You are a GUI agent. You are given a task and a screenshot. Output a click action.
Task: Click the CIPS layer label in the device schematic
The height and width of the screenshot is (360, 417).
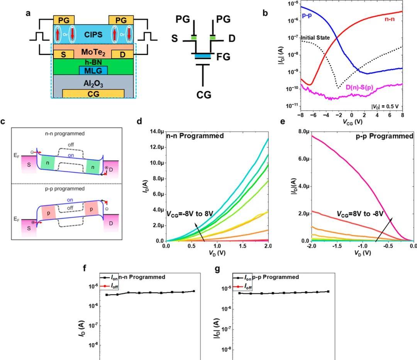click(x=93, y=35)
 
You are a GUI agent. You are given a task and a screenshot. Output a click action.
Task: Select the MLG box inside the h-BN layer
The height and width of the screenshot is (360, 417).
click(x=93, y=71)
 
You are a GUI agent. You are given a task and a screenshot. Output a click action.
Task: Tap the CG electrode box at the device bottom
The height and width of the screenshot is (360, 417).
click(x=93, y=93)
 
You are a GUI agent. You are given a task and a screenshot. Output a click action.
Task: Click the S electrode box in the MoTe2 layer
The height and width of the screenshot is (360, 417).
click(x=63, y=54)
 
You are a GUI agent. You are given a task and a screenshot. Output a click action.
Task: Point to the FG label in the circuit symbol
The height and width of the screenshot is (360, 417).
click(x=223, y=57)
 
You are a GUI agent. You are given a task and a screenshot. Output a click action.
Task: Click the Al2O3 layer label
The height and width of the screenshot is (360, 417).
click(x=93, y=83)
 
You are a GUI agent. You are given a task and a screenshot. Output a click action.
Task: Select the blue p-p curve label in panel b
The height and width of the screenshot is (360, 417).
click(x=307, y=15)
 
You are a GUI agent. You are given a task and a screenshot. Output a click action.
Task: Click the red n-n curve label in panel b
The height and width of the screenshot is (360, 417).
click(x=390, y=19)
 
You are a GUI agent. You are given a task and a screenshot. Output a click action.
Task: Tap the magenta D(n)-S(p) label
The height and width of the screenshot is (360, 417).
click(x=359, y=87)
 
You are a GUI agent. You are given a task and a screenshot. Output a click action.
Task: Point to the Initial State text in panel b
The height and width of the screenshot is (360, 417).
click(x=315, y=38)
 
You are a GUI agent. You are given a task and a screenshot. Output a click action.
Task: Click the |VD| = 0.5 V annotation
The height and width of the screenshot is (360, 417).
click(x=385, y=107)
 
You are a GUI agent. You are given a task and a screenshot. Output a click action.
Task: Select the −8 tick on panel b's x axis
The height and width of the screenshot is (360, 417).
click(x=300, y=115)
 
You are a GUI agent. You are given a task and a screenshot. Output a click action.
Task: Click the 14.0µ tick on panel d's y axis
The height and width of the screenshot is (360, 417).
click(x=156, y=131)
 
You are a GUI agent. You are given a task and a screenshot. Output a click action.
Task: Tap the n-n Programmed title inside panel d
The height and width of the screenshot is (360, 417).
click(x=195, y=136)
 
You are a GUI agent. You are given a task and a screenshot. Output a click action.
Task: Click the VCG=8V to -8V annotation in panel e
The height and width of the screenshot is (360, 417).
click(x=360, y=214)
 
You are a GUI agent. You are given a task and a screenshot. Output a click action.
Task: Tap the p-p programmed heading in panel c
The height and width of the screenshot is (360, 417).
click(x=64, y=188)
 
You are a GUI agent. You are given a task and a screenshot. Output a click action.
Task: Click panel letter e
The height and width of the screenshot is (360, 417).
click(x=283, y=121)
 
